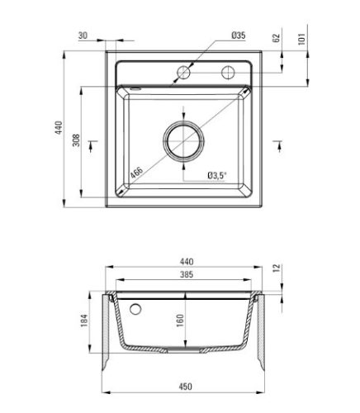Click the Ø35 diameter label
click(239, 36)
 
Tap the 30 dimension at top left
click(83, 36)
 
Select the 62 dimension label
click(276, 38)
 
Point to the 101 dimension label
click(302, 39)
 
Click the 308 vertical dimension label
click(76, 140)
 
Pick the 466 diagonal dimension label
click(136, 173)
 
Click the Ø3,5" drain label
click(217, 175)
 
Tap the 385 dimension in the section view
click(187, 274)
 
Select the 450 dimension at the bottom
click(186, 387)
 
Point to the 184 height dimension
click(83, 320)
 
